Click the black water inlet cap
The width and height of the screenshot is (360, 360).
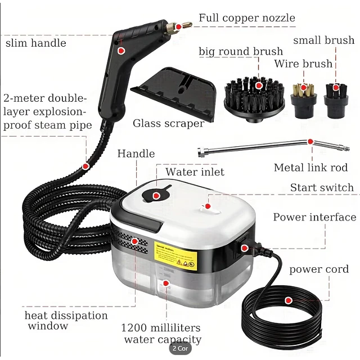click(x=156, y=194)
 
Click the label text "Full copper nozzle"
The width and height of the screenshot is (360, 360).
click(x=246, y=18)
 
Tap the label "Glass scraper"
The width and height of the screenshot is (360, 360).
click(x=168, y=123)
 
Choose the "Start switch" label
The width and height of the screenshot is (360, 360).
click(x=321, y=187)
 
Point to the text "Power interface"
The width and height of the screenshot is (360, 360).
click(x=314, y=217)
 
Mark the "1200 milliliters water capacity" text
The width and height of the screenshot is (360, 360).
click(x=162, y=333)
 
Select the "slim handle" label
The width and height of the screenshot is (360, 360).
click(x=36, y=43)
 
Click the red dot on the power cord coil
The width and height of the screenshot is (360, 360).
click(x=288, y=301)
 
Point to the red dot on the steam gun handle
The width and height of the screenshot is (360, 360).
click(x=120, y=49)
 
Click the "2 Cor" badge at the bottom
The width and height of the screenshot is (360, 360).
click(x=180, y=349)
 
